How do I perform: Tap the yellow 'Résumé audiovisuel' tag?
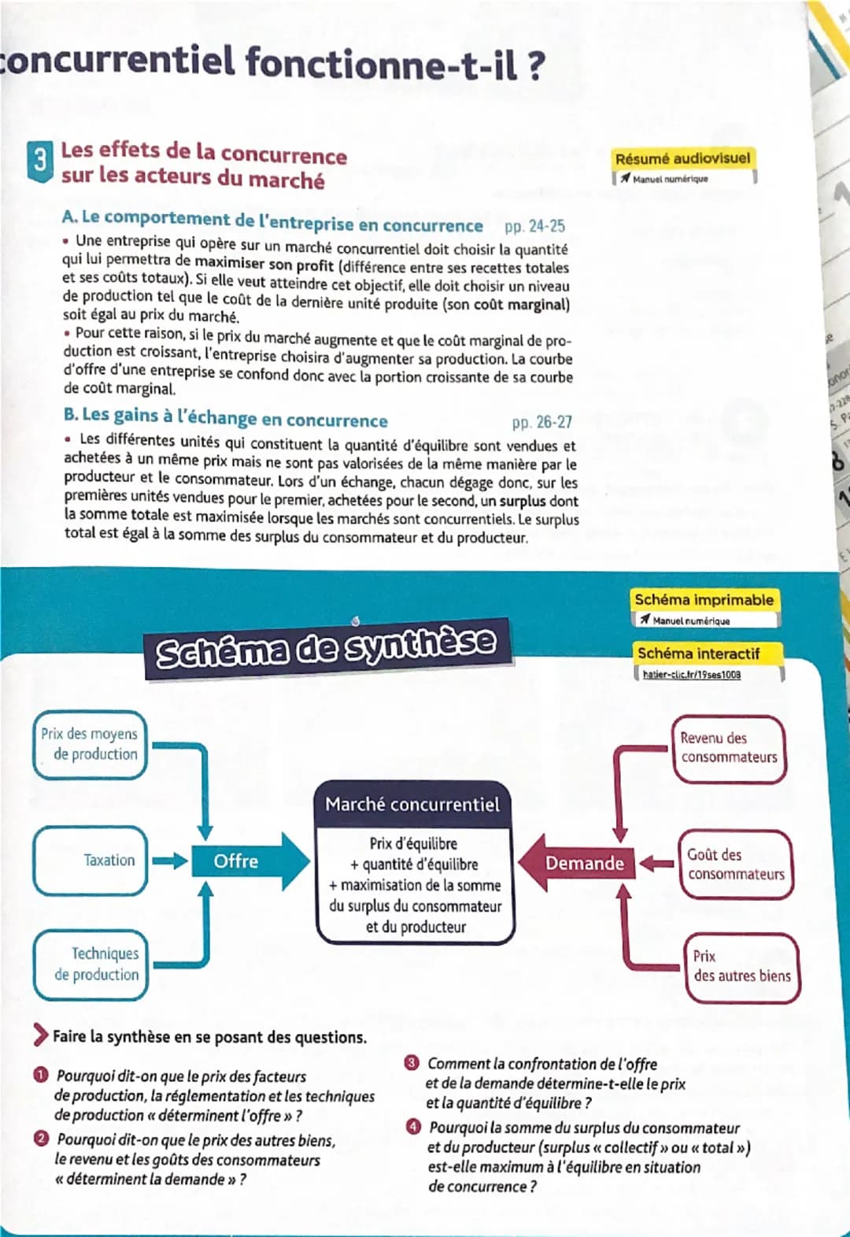pyautogui.click(x=682, y=158)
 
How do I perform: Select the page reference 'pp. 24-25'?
pyautogui.click(x=534, y=227)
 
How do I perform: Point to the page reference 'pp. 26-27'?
pyautogui.click(x=541, y=423)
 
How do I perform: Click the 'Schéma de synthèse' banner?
pyautogui.click(x=326, y=649)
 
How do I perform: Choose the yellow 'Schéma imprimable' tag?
pyautogui.click(x=704, y=600)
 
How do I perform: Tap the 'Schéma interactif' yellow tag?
pyautogui.click(x=698, y=654)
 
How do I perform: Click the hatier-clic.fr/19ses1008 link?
pyautogui.click(x=691, y=675)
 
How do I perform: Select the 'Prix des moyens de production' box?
pyautogui.click(x=90, y=744)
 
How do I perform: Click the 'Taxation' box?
pyautogui.click(x=91, y=861)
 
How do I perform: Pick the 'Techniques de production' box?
pyautogui.click(x=91, y=965)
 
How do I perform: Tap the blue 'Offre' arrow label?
pyautogui.click(x=236, y=861)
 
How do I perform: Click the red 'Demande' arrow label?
pyautogui.click(x=584, y=864)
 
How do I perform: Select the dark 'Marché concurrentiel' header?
pyautogui.click(x=412, y=805)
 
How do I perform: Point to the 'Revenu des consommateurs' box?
pyautogui.click(x=729, y=748)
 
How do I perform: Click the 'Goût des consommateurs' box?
pyautogui.click(x=735, y=865)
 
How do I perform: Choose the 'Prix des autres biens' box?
pyautogui.click(x=741, y=967)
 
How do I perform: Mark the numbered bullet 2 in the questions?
pyautogui.click(x=41, y=1139)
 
